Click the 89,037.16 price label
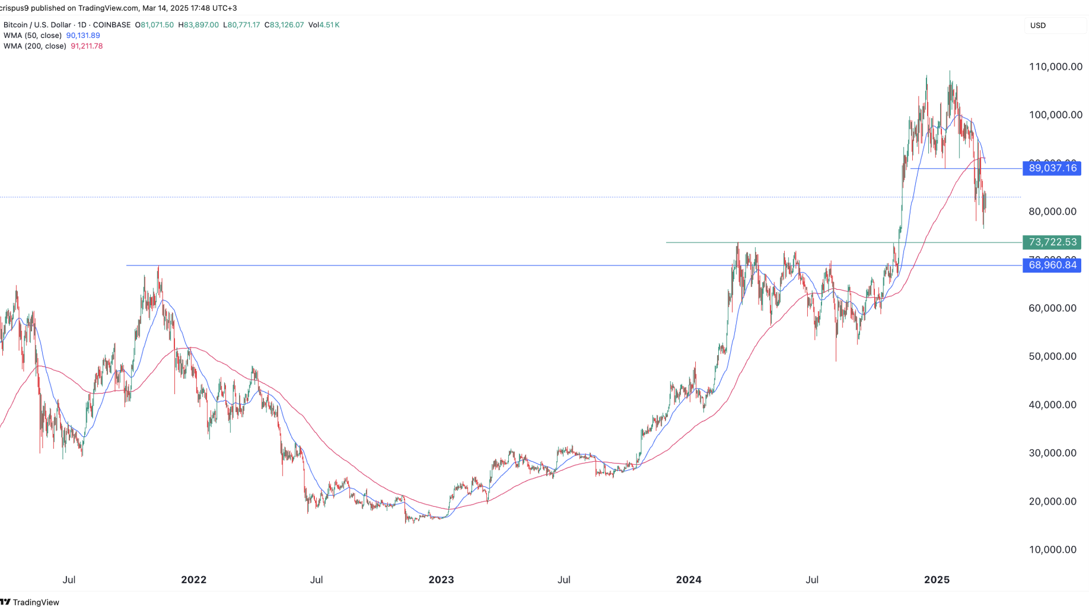pos(1052,168)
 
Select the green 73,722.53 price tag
pos(1052,242)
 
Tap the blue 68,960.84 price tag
pos(1052,265)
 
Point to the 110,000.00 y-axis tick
pos(1055,66)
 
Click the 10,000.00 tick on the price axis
pos(1052,550)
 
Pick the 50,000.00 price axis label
pos(1052,356)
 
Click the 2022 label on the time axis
pos(193,580)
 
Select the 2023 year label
pos(441,580)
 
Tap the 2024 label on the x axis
pos(689,580)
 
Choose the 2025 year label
pos(937,580)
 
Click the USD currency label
pos(1038,25)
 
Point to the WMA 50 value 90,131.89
pos(83,36)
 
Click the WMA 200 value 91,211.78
pos(87,46)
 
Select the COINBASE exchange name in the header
pos(112,25)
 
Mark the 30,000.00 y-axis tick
pos(1052,453)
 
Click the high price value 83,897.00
pos(201,25)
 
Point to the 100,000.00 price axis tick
pos(1055,114)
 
